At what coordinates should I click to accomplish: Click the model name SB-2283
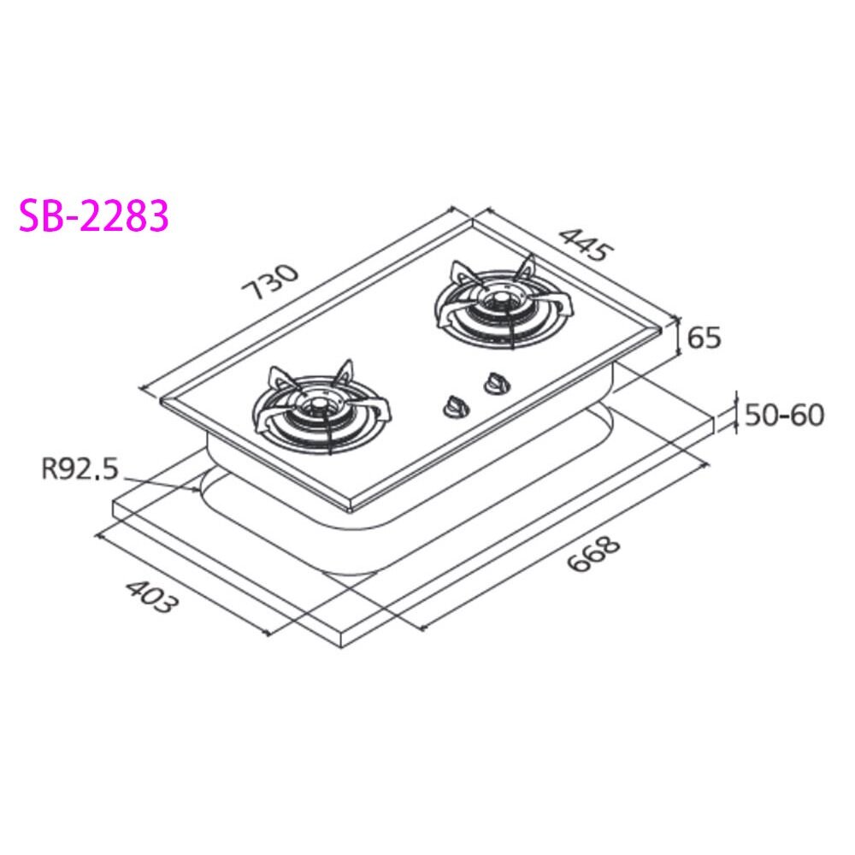point(94,215)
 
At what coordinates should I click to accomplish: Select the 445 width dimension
point(587,245)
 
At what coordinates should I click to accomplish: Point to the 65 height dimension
point(705,338)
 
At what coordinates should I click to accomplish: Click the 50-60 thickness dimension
point(784,415)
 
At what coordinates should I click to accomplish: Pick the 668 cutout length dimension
point(594,555)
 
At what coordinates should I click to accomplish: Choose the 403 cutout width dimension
point(151,596)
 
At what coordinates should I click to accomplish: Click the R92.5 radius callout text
point(80,469)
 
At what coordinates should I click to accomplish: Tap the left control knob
point(454,407)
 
